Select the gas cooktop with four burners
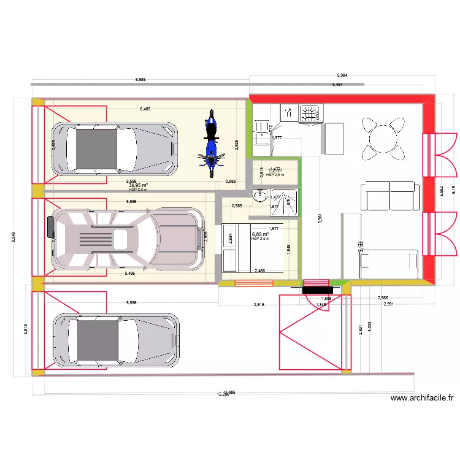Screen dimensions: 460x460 tap(310, 113)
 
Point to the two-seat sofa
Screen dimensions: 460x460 tap(389, 194)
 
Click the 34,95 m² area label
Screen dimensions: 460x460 tap(139, 185)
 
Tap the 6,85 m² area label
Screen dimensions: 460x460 tap(261, 234)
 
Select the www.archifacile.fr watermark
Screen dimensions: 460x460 tap(423, 398)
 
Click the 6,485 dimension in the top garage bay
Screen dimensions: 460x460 tap(145, 109)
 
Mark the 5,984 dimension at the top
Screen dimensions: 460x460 tap(342, 75)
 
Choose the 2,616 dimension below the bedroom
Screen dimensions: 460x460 tap(259, 304)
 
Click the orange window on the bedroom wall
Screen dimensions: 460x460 tap(254, 283)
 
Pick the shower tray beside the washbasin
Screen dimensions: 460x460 tap(285, 202)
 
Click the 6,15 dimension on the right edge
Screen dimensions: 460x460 tap(454, 190)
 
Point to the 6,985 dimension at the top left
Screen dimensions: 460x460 tap(140, 80)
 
